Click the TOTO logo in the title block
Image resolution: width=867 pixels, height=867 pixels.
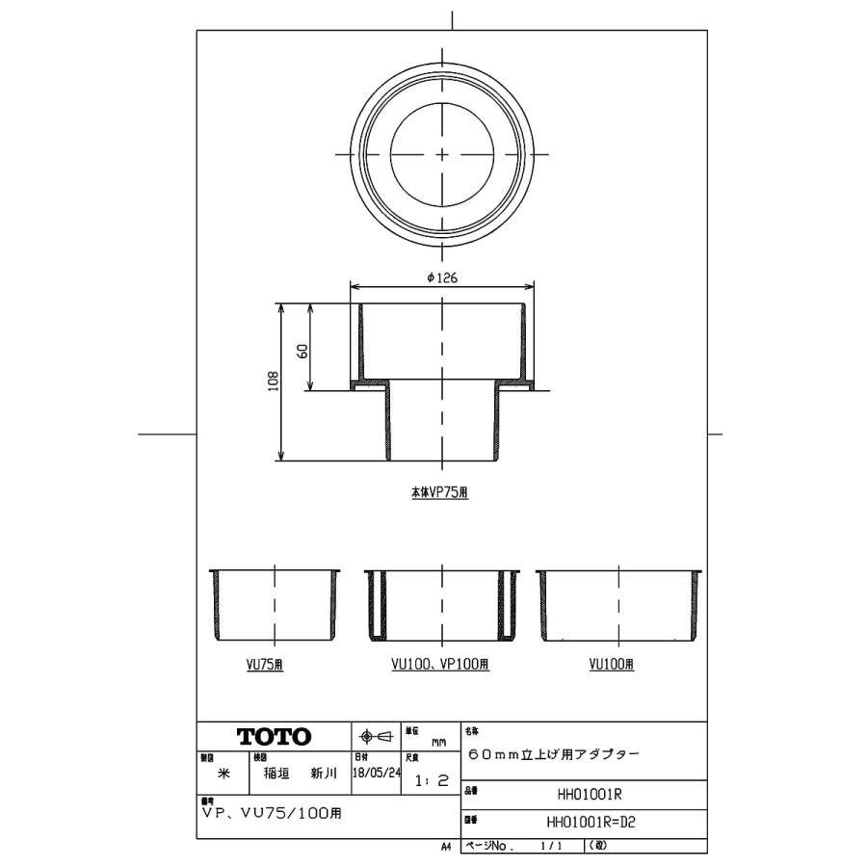click(x=275, y=737)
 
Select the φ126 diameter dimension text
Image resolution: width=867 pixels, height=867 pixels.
click(x=441, y=276)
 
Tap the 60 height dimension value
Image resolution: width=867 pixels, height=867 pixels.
click(x=302, y=351)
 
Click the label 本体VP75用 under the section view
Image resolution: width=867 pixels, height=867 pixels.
click(x=440, y=491)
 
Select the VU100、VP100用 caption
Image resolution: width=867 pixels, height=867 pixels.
click(x=440, y=665)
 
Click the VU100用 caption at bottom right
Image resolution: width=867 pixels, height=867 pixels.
click(x=616, y=665)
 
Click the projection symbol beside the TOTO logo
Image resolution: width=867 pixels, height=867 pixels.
click(x=377, y=737)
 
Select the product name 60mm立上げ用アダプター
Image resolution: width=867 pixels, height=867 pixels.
click(x=552, y=755)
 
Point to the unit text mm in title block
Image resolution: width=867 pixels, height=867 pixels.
click(x=438, y=743)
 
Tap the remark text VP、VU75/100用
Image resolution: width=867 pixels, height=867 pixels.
click(x=272, y=813)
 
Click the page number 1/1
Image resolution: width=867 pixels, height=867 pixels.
click(x=553, y=846)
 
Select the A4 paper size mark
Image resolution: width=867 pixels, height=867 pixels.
click(x=446, y=846)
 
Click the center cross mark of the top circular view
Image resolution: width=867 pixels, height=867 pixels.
click(x=441, y=154)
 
